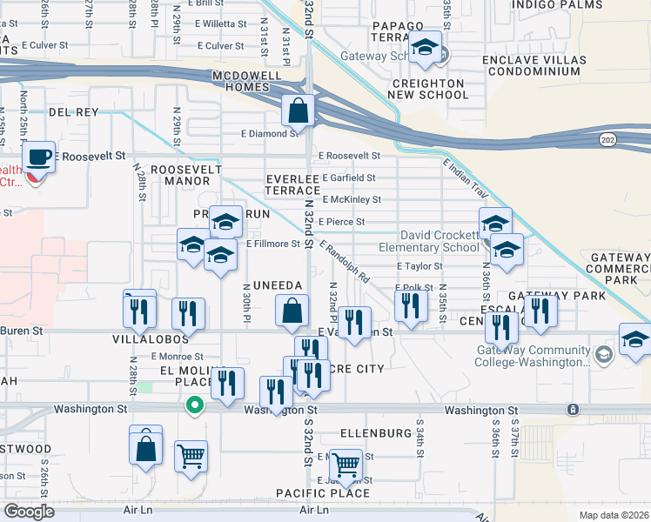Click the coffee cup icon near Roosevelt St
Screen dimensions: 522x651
[x=37, y=157]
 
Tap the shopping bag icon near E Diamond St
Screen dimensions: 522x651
[x=298, y=110]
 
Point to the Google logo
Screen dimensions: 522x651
[x=29, y=512]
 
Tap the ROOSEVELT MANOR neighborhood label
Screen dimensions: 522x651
[x=181, y=175]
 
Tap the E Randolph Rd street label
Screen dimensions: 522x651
[x=345, y=262]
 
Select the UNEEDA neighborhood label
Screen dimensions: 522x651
[x=277, y=285]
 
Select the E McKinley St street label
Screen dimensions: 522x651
[x=352, y=199]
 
